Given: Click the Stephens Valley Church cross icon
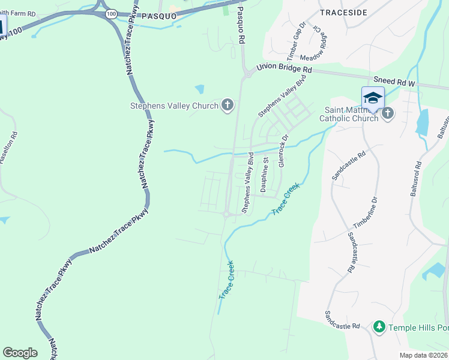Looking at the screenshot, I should (227, 106).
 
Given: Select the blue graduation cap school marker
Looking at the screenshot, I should (372, 97).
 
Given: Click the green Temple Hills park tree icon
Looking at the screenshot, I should (379, 327).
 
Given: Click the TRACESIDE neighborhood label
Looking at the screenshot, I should (343, 11).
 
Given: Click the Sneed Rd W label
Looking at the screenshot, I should (394, 79).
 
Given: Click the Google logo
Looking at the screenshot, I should (20, 353).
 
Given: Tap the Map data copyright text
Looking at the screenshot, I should (424, 355).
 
